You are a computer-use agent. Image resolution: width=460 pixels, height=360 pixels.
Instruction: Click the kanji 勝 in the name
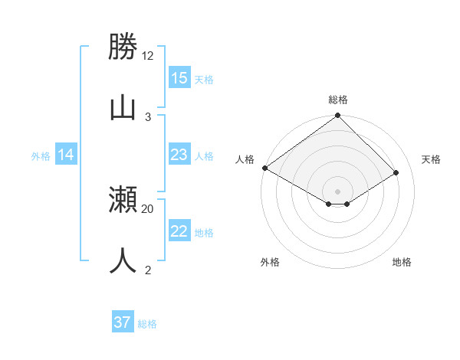point(123,48)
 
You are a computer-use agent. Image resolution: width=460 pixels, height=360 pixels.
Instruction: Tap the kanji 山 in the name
point(123,107)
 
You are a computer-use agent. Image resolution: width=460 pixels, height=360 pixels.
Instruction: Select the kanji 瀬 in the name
point(123,200)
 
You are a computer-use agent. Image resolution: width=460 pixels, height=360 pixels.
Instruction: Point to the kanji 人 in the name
point(123,260)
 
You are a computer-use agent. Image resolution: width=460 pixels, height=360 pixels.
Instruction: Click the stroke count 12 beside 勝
point(148,56)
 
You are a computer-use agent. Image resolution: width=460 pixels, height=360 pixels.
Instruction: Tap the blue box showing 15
point(179,78)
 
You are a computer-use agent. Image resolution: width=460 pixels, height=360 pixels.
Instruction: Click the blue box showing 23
point(179,155)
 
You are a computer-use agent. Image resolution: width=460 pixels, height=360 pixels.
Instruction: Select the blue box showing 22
point(179,231)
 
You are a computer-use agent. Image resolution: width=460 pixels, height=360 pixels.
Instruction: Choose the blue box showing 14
point(66,155)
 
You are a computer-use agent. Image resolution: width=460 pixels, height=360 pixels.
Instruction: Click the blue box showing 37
point(123,322)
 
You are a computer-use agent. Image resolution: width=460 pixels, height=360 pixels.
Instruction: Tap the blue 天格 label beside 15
point(204,79)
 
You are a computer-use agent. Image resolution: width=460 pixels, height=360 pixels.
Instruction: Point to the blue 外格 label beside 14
point(41,155)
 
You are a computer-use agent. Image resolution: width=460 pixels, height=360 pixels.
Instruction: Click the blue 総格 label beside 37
point(147,324)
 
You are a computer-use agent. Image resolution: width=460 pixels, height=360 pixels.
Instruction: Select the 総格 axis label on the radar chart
point(338,100)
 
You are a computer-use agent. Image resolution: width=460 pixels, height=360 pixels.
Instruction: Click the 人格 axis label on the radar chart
point(245,159)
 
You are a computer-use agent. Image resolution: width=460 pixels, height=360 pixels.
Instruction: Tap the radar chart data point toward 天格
point(396,172)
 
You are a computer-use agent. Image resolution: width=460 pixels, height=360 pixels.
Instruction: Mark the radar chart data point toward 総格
point(337,116)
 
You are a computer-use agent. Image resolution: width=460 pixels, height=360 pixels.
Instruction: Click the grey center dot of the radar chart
point(337,191)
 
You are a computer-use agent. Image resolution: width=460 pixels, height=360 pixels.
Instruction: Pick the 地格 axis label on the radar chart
point(402,262)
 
